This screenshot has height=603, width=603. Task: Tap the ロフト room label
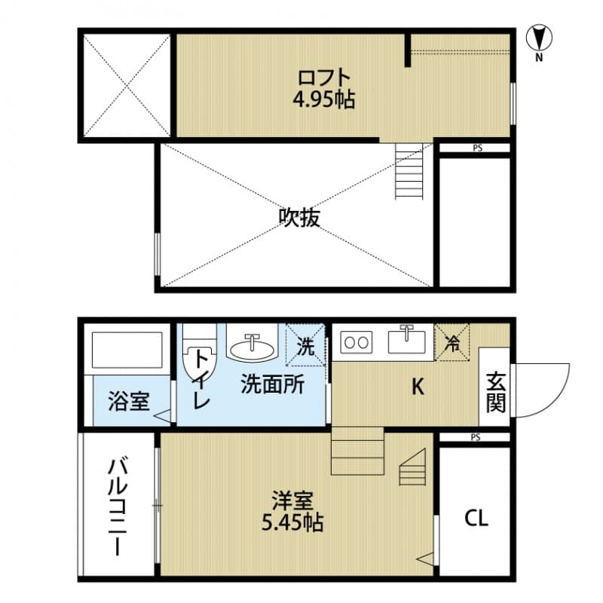pyautogui.click(x=324, y=78)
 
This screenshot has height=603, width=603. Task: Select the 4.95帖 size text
pyautogui.click(x=324, y=99)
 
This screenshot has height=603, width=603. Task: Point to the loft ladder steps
pyautogui.click(x=412, y=171)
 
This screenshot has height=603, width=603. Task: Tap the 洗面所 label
pyautogui.click(x=272, y=385)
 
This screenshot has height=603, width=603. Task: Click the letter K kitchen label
pyautogui.click(x=417, y=387)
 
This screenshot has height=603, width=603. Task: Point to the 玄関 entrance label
pyautogui.click(x=494, y=393)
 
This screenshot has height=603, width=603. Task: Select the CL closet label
pyautogui.click(x=476, y=518)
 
